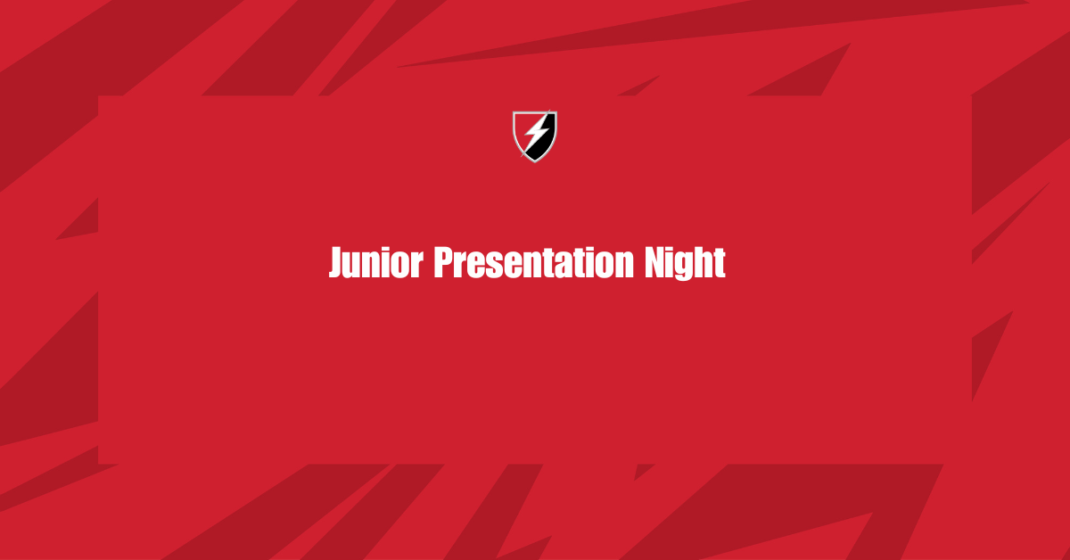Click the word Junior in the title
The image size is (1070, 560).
pyautogui.click(x=376, y=262)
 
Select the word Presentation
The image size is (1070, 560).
pyautogui.click(x=533, y=262)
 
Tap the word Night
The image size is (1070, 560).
pyautogui.click(x=685, y=263)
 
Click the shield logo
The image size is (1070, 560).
pyautogui.click(x=535, y=136)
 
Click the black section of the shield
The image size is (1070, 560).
pyautogui.click(x=543, y=144)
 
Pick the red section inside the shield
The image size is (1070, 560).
pyautogui.click(x=524, y=127)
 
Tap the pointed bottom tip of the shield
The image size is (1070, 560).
pyautogui.click(x=535, y=163)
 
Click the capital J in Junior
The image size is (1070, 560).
pyautogui.click(x=336, y=262)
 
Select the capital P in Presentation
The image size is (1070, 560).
pyautogui.click(x=443, y=262)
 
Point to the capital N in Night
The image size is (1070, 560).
pyautogui.click(x=654, y=262)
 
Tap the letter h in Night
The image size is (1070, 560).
pyautogui.click(x=705, y=262)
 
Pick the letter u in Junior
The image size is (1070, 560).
pyautogui.click(x=355, y=267)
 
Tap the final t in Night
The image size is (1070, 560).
pyautogui.click(x=720, y=263)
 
